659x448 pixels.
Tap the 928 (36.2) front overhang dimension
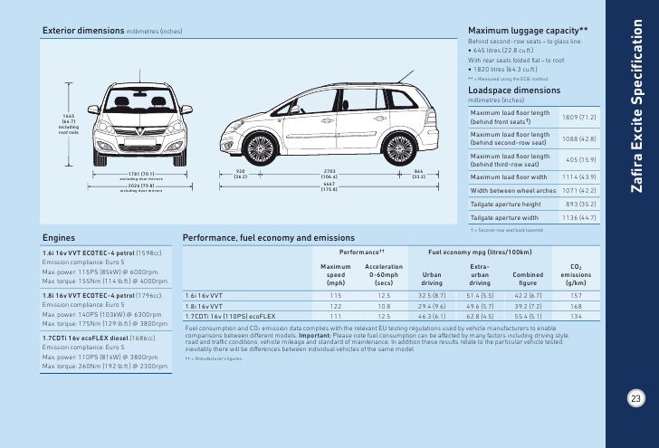tap(240, 174)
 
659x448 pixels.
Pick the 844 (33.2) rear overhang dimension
tap(418, 174)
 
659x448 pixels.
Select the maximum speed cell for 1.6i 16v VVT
tap(336, 295)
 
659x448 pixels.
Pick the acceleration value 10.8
tap(384, 306)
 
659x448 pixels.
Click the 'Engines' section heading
tap(59, 238)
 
